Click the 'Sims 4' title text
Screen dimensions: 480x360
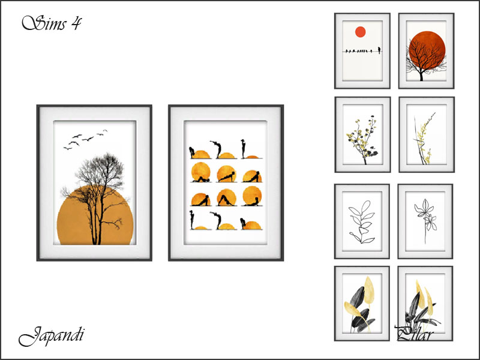click(52, 23)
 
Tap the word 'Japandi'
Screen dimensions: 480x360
click(51, 336)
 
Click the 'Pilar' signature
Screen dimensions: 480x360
click(414, 333)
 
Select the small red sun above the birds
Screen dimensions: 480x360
click(361, 32)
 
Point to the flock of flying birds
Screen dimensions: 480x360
click(85, 139)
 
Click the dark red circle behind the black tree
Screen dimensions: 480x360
click(427, 50)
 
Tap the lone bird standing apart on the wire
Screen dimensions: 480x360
click(379, 50)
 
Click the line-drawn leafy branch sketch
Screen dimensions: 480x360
click(362, 222)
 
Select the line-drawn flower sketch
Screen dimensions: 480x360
click(425, 219)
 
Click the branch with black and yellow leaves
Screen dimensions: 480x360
click(362, 140)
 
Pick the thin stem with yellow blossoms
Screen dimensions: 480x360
click(424, 139)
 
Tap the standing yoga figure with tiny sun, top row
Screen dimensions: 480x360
click(244, 149)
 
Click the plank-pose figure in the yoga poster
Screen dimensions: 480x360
click(226, 176)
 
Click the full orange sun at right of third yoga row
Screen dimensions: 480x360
click(252, 196)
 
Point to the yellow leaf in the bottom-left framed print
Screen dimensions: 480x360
click(369, 289)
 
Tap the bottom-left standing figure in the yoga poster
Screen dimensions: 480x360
click(192, 220)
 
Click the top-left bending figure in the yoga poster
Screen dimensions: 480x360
click(192, 152)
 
